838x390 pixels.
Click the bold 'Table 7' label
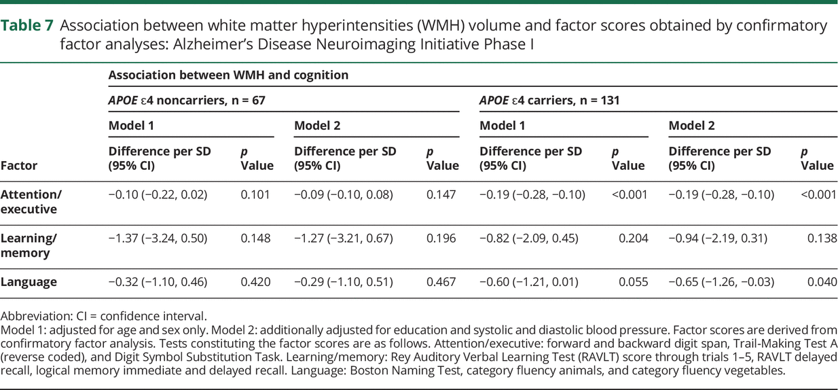[29, 26]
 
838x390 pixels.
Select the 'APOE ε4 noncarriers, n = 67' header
[187, 101]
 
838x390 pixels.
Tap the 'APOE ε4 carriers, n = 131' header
[549, 101]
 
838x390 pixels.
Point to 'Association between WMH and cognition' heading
[228, 75]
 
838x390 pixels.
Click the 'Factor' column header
[19, 165]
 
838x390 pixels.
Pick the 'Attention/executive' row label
[31, 202]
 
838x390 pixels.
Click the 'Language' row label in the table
[29, 282]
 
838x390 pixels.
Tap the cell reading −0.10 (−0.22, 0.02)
[158, 195]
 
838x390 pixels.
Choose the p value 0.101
[255, 195]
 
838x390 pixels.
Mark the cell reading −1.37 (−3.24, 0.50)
[158, 238]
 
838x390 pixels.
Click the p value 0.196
[441, 238]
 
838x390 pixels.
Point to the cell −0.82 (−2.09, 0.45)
[529, 238]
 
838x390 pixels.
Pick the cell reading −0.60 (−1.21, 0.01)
[529, 282]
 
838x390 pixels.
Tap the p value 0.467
[441, 282]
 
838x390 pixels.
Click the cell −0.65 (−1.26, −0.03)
[721, 282]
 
